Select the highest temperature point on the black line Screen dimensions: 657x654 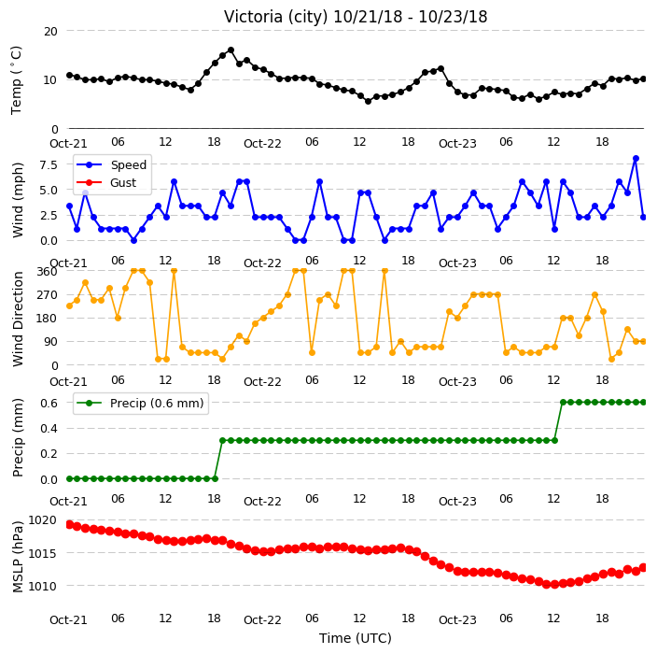tap(231, 50)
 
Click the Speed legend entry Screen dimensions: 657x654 tap(111, 164)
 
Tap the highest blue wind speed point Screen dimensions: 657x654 tap(636, 159)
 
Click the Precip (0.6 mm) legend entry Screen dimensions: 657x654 tap(141, 403)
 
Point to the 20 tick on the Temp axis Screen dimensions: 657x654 tap(50, 32)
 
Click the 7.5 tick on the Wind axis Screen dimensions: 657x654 tap(49, 164)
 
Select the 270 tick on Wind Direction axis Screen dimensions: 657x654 tap(47, 295)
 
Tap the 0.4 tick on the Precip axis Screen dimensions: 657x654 tap(49, 428)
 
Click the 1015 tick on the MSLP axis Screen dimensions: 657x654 tap(42, 553)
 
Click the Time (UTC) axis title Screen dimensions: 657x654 tap(356, 638)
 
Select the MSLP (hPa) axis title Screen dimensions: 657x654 tap(18, 557)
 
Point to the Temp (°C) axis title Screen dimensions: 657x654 tap(16, 80)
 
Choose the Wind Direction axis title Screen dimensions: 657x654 tap(18, 320)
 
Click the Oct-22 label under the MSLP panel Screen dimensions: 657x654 tap(262, 619)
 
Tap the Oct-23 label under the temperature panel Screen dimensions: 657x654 tap(457, 144)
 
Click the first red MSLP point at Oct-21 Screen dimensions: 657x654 tap(70, 524)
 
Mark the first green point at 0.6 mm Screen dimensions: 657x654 tap(563, 403)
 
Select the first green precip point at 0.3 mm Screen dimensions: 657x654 tap(222, 440)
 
